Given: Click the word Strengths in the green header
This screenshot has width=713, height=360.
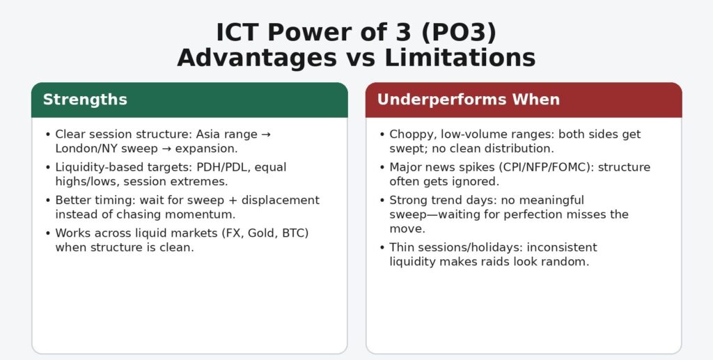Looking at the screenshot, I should [x=85, y=100].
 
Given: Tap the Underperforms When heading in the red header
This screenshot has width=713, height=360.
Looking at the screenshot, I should [x=468, y=100].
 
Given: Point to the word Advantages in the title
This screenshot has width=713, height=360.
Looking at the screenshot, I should [x=256, y=58].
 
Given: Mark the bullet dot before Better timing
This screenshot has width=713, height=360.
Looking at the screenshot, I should [x=47, y=201].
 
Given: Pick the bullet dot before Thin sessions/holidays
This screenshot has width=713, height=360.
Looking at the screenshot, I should [x=382, y=247].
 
